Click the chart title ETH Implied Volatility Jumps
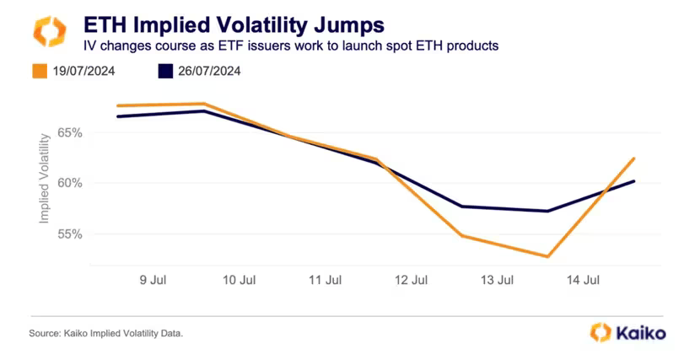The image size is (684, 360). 233,23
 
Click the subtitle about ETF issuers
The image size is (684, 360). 288,45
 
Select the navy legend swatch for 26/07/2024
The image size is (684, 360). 166,71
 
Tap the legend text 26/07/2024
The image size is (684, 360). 209,71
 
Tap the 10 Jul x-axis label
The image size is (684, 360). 240,279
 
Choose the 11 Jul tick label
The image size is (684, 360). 326,279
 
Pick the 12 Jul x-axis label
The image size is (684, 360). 411,279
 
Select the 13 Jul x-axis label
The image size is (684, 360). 497,279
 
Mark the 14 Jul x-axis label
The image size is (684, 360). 583,279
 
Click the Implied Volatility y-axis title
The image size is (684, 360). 44,183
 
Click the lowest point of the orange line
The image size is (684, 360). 548,256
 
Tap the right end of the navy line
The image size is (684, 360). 634,180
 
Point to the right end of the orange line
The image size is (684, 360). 634,159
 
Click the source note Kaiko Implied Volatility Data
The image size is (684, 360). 105,334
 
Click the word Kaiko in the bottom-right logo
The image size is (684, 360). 634,332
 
